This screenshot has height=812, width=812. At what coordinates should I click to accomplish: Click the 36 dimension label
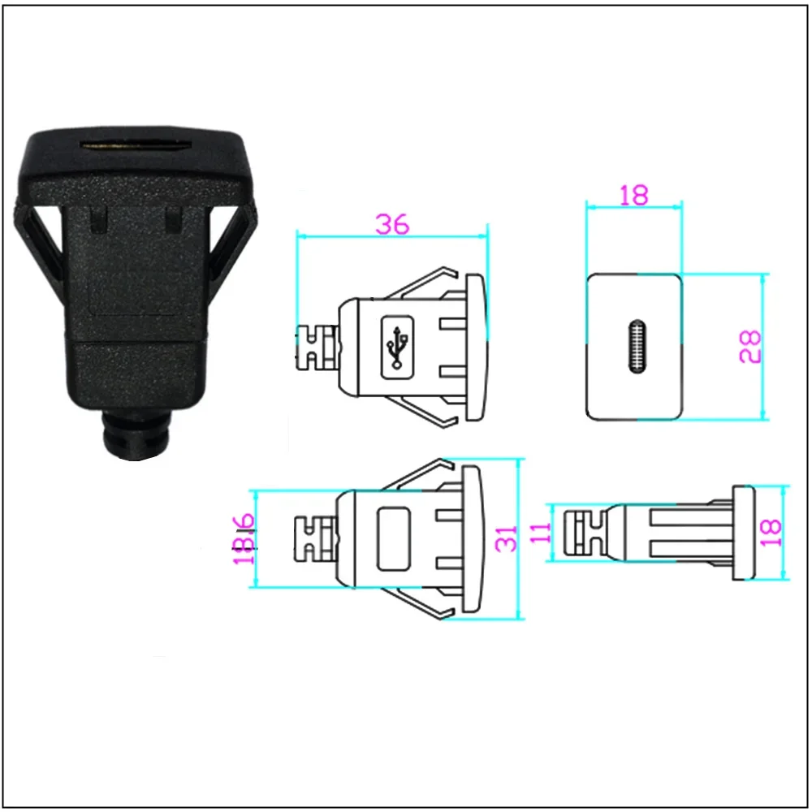[x=392, y=225]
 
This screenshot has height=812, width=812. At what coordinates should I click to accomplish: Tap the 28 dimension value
[x=751, y=345]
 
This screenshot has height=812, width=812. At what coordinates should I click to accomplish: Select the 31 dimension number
[x=508, y=538]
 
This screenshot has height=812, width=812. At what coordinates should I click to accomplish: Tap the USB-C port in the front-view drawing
[x=634, y=347]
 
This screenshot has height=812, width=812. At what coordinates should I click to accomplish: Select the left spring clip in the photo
[x=41, y=244]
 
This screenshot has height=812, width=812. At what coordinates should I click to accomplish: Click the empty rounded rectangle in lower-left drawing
[x=393, y=538]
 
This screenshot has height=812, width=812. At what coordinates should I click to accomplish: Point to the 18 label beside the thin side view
[x=772, y=532]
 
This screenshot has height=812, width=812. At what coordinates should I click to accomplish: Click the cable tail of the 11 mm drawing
[x=585, y=533]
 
